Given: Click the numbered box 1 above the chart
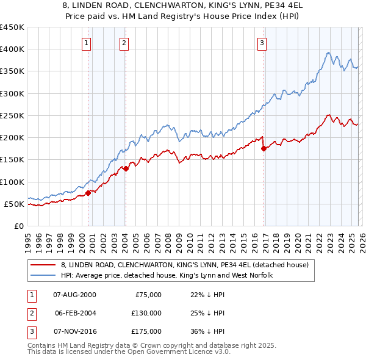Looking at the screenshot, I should (x=87, y=43).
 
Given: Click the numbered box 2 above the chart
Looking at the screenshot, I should (x=124, y=43).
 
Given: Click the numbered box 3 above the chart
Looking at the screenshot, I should (x=262, y=43).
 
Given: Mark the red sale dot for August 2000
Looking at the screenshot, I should (x=88, y=193).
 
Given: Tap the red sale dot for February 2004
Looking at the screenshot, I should (x=126, y=168).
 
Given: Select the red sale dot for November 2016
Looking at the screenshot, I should (x=264, y=148).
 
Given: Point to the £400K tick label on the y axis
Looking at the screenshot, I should (x=12, y=49).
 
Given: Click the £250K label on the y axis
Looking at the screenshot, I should (x=12, y=115).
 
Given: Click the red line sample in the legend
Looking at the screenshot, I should (x=43, y=265).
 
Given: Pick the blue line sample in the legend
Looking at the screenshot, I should (x=43, y=275).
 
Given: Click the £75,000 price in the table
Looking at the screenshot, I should (x=148, y=295).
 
